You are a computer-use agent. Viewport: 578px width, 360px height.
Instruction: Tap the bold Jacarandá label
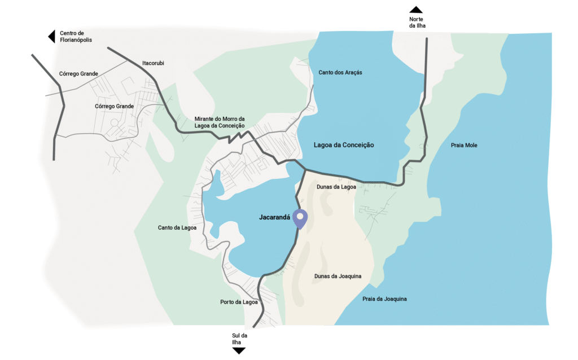(274, 217)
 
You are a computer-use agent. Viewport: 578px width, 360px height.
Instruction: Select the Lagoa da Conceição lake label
(344, 145)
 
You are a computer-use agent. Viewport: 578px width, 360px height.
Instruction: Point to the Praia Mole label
(464, 146)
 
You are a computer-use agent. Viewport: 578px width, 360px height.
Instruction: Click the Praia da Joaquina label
(384, 298)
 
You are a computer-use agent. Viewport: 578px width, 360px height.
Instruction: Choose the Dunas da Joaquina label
(338, 276)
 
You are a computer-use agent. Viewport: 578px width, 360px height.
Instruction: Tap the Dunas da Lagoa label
(336, 187)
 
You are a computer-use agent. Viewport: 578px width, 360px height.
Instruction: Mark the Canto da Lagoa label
(177, 228)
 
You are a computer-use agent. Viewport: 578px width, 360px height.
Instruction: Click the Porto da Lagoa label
(239, 302)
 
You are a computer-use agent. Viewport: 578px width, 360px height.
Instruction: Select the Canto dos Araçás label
(340, 73)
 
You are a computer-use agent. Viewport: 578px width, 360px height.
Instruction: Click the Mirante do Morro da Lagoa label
(220, 122)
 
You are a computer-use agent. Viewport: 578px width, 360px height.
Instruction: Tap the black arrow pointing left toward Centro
(51, 37)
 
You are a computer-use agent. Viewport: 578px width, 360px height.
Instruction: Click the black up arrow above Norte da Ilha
(416, 9)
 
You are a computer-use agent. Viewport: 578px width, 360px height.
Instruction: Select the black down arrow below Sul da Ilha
(239, 350)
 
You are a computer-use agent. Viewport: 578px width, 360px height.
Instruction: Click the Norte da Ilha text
(416, 23)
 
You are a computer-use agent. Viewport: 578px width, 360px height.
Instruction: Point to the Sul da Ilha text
(239, 339)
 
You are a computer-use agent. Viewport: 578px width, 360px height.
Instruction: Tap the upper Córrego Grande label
(78, 74)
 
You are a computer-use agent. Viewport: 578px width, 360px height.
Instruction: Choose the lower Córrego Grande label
(115, 106)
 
